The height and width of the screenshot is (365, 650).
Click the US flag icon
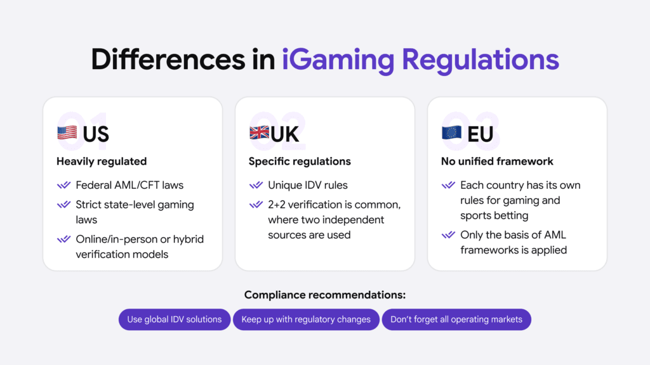[x=67, y=134]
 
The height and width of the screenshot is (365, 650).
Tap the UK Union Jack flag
[x=259, y=134]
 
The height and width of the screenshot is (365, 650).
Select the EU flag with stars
[x=451, y=134]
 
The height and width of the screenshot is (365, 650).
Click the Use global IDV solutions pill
[x=174, y=319]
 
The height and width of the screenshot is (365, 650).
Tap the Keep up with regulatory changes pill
[x=306, y=319]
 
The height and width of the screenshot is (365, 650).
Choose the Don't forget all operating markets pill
[x=456, y=319]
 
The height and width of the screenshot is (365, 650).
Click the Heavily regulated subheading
[x=102, y=162]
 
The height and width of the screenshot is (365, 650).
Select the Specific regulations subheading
[x=300, y=162]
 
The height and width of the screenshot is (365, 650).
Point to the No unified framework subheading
[x=497, y=162]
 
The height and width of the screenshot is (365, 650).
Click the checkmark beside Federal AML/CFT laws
[x=63, y=186]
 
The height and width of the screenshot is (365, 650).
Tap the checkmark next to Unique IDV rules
[x=256, y=186]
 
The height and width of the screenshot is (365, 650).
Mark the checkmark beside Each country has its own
[x=448, y=186]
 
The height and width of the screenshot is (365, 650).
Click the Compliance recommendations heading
[x=324, y=295]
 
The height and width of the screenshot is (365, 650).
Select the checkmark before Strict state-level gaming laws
[x=63, y=205]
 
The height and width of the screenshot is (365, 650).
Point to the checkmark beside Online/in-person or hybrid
[x=63, y=240]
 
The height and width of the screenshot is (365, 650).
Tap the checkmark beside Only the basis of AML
[x=448, y=235]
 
